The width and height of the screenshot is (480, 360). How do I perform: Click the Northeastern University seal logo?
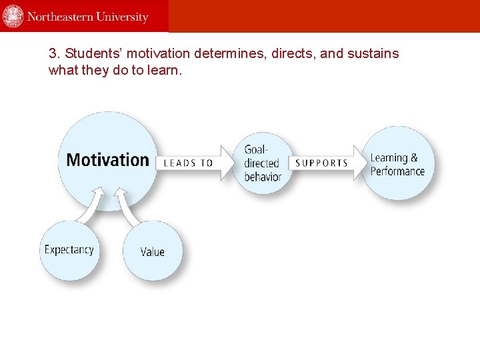click(13, 16)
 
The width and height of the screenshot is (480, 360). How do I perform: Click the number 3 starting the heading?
click(53, 53)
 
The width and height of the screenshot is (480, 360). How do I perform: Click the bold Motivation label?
click(107, 160)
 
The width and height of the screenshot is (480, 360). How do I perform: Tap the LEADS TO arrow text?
click(189, 163)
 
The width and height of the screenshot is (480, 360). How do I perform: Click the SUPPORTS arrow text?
click(321, 163)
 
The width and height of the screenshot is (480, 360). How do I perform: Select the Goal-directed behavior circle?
click(263, 163)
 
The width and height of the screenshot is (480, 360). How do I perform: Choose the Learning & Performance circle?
click(397, 164)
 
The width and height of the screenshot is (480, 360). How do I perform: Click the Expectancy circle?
click(69, 250)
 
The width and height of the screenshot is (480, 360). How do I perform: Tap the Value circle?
click(152, 251)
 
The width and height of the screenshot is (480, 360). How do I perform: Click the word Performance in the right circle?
click(397, 171)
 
